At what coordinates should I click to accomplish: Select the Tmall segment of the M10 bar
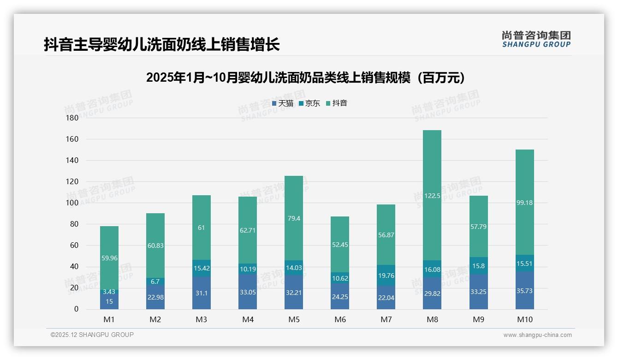pyautogui.click(x=524, y=290)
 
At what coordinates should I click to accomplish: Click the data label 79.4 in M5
pyautogui.click(x=294, y=218)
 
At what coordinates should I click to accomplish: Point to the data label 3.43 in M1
pyautogui.click(x=109, y=292)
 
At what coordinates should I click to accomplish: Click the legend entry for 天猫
pyautogui.click(x=283, y=103)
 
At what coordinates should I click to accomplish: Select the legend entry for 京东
pyautogui.click(x=310, y=103)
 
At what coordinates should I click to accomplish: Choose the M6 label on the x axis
pyautogui.click(x=340, y=319)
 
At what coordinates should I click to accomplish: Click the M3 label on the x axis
pyautogui.click(x=202, y=319)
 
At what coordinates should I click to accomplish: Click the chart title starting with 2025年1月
pyautogui.click(x=305, y=78)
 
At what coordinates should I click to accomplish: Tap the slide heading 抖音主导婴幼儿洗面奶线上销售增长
pyautogui.click(x=162, y=45)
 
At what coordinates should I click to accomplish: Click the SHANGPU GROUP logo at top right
pyautogui.click(x=536, y=39)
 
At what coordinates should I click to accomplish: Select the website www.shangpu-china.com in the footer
pyautogui.click(x=537, y=335)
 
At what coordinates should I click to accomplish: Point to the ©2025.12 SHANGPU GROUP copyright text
pyautogui.click(x=92, y=335)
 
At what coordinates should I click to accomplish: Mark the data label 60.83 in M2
pyautogui.click(x=155, y=246)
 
